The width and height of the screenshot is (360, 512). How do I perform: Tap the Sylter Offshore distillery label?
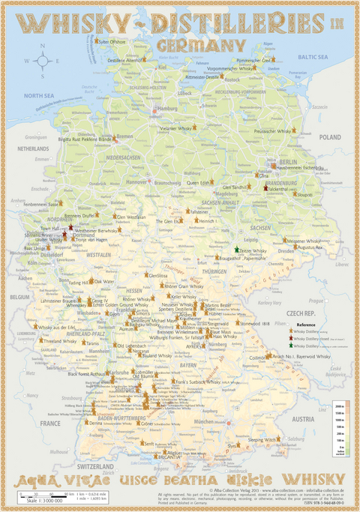coord(112,43)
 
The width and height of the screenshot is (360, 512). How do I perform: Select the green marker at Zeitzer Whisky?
coord(237,250)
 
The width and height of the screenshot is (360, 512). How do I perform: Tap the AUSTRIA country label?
coord(302,419)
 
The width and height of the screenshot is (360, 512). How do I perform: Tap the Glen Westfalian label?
coord(130,217)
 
